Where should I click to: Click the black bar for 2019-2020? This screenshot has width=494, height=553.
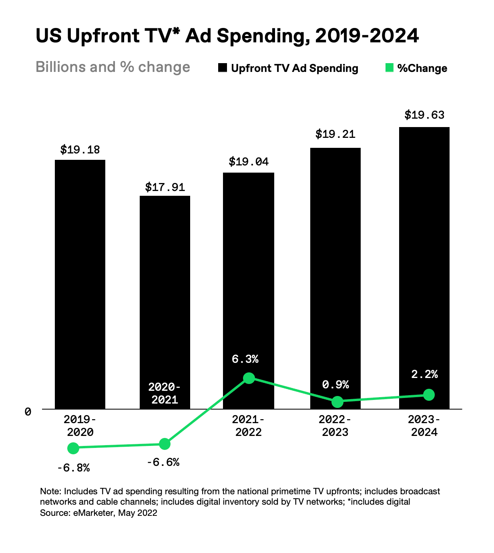tap(80, 284)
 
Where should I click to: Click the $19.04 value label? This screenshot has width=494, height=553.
tap(249, 162)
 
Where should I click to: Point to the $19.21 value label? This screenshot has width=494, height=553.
tap(335, 134)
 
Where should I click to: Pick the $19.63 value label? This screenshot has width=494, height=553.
tap(424, 115)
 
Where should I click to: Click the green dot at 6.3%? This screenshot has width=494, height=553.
tap(249, 378)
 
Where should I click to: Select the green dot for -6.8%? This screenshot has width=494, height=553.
tap(73, 448)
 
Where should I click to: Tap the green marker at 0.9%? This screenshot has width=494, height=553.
tap(337, 402)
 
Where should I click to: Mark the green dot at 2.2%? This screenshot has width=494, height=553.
tap(429, 395)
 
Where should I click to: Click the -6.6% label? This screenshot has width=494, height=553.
tap(163, 462)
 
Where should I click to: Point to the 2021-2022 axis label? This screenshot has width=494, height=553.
tap(248, 426)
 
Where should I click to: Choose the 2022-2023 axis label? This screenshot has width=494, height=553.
tap(335, 426)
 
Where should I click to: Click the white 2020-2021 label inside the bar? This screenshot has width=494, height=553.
tap(165, 393)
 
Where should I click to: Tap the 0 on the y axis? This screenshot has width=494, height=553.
tap(28, 412)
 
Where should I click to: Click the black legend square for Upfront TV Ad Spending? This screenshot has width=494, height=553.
tap(223, 68)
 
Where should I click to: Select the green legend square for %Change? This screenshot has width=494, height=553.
tap(389, 68)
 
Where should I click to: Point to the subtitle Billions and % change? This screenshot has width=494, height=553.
tap(113, 67)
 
